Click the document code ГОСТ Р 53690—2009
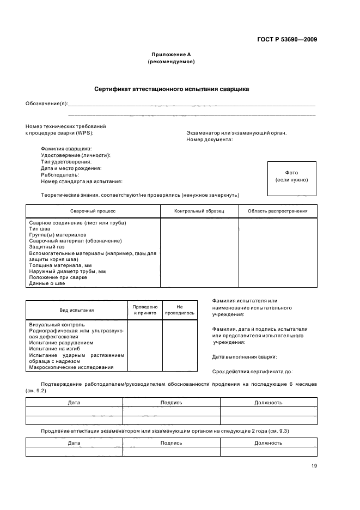click(286, 39)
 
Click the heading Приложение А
click(171, 54)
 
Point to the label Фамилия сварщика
click(66, 149)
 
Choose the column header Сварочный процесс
click(93, 211)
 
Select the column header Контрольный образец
click(199, 211)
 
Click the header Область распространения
click(277, 211)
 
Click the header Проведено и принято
click(145, 310)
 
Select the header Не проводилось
click(179, 310)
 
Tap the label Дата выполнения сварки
click(245, 357)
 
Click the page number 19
click(314, 465)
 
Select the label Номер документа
click(210, 139)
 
